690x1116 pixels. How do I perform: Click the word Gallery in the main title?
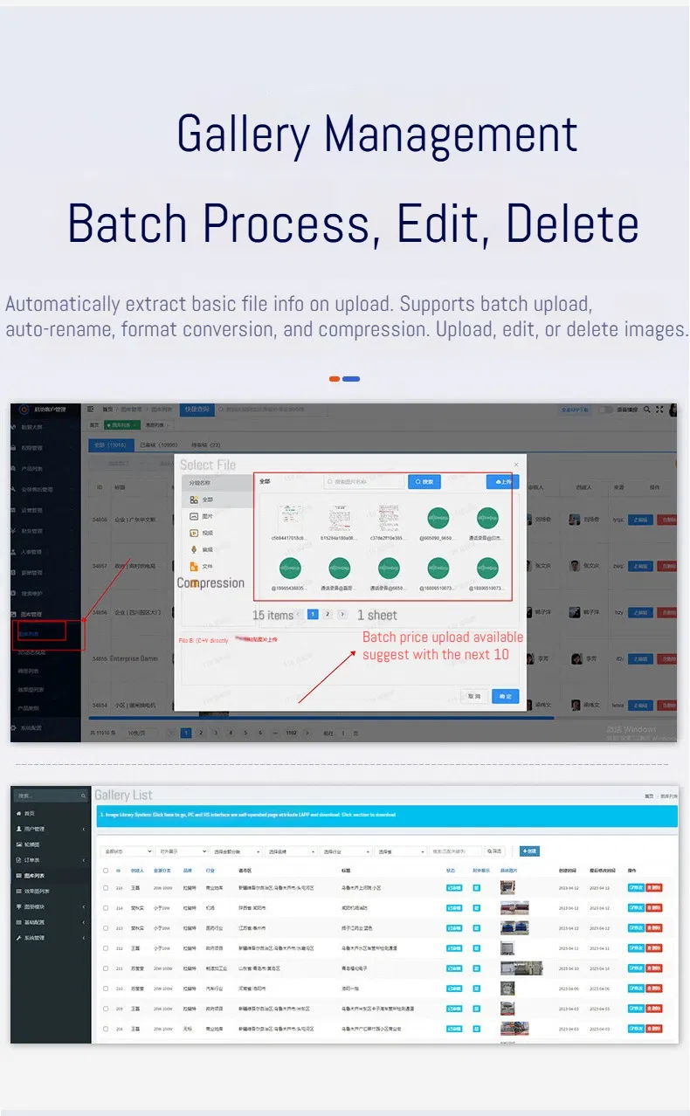pyautogui.click(x=243, y=135)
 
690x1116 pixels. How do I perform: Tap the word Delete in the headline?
pyautogui.click(x=572, y=224)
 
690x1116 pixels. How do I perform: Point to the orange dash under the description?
pyautogui.click(x=335, y=379)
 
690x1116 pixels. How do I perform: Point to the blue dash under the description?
pyautogui.click(x=351, y=379)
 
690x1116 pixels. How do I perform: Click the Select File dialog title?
pyautogui.click(x=208, y=465)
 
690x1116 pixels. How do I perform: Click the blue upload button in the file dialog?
pyautogui.click(x=502, y=481)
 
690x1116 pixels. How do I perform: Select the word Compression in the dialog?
pyautogui.click(x=210, y=583)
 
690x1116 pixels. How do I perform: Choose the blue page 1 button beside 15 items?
pyautogui.click(x=313, y=614)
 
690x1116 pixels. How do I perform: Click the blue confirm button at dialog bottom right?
pyautogui.click(x=505, y=696)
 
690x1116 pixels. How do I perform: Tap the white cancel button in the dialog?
pyautogui.click(x=474, y=696)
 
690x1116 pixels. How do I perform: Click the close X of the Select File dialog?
pyautogui.click(x=515, y=465)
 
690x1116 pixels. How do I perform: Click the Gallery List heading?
pyautogui.click(x=123, y=796)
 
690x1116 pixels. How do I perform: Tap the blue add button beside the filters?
pyautogui.click(x=529, y=851)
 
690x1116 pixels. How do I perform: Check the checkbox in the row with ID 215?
pyautogui.click(x=106, y=888)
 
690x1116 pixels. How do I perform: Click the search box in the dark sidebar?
pyautogui.click(x=49, y=796)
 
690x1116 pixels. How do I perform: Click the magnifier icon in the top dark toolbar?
pyautogui.click(x=647, y=409)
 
